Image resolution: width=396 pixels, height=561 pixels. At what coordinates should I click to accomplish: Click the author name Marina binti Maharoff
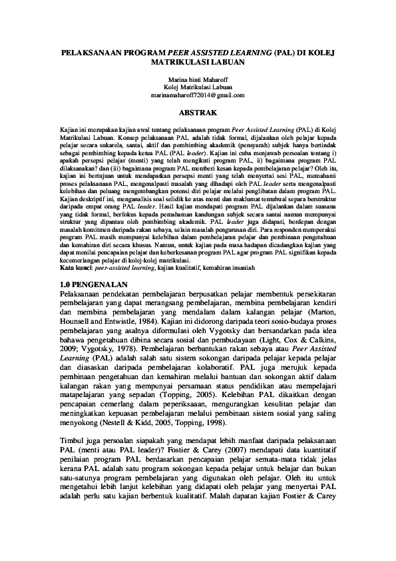pos(198,80)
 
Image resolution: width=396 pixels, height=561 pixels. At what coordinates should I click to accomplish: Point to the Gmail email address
pos(198,95)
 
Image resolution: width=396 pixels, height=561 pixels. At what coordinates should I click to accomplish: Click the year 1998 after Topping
pos(236,422)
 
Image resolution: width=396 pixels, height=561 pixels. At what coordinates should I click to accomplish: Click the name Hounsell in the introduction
pos(80,340)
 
